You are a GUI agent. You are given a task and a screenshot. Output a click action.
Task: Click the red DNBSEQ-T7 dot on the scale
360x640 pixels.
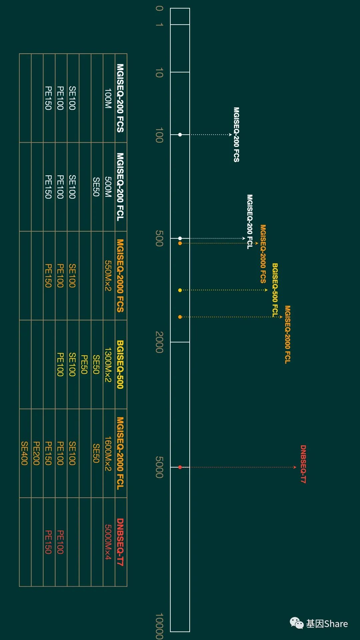point(180,467)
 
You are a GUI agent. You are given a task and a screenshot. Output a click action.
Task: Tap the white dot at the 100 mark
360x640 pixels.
point(180,135)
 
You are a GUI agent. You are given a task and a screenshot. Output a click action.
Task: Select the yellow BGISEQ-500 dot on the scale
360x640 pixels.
point(180,290)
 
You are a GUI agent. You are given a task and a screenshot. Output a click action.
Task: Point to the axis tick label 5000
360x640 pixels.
point(159,467)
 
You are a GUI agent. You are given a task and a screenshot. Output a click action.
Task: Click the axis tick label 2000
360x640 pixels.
point(159,342)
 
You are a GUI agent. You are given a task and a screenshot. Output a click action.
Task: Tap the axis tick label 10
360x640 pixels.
point(159,73)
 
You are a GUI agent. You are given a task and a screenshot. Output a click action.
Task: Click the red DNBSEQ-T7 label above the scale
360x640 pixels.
point(303,464)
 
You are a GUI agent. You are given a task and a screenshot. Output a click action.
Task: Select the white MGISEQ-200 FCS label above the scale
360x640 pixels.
point(236,135)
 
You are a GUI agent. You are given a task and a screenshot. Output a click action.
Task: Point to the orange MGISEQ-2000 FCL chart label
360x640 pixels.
point(288,334)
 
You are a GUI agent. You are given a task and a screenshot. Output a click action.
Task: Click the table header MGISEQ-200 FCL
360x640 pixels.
point(120,187)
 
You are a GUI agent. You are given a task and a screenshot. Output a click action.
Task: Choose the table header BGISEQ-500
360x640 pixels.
point(120,364)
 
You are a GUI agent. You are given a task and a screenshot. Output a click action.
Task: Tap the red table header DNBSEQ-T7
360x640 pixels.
point(120,542)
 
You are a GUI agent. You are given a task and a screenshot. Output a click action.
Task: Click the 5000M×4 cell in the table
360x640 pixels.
point(108,542)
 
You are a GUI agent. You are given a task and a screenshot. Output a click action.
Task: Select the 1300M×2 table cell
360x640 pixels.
point(108,364)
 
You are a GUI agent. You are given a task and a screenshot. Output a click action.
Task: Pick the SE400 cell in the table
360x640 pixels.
point(25,453)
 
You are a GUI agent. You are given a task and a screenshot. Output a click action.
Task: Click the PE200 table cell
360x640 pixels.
point(37,453)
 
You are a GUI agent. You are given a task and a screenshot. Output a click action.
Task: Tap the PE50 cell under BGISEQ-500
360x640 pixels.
point(84,364)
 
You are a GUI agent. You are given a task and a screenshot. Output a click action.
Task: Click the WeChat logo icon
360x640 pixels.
point(297,623)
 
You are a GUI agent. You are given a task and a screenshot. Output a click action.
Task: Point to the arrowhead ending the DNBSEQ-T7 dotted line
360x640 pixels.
point(295,467)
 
